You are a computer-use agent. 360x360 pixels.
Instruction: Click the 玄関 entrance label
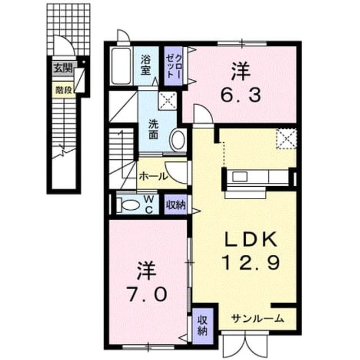[63, 68]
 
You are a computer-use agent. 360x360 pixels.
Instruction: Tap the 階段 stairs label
[64, 90]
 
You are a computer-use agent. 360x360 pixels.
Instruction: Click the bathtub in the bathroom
[121, 66]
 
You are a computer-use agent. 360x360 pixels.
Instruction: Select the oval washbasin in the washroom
[178, 140]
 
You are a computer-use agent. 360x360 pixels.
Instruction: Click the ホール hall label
[154, 176]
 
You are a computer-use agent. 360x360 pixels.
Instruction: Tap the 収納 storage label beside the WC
[175, 205]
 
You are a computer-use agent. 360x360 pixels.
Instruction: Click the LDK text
[250, 240]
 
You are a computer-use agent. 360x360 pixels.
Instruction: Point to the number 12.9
[251, 263]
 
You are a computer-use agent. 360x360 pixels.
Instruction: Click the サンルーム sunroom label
[258, 319]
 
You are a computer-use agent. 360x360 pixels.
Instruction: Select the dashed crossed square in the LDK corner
[286, 139]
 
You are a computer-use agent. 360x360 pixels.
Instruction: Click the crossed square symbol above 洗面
[168, 101]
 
